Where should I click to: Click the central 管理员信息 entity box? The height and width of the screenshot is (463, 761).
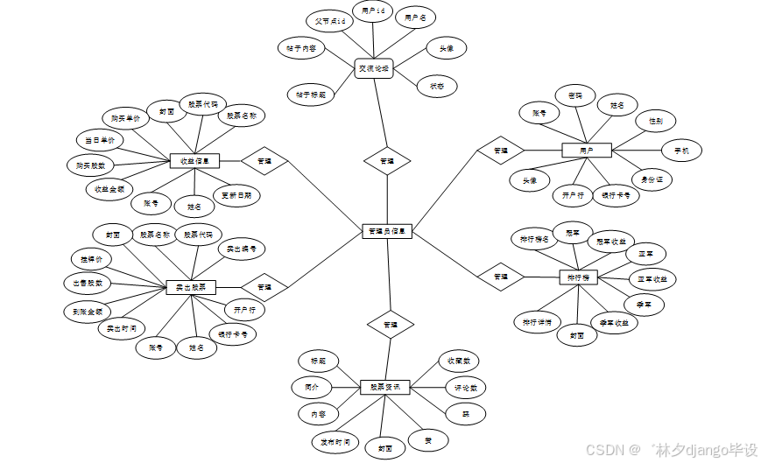click(x=386, y=232)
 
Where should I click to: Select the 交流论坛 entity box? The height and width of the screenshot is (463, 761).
click(x=374, y=68)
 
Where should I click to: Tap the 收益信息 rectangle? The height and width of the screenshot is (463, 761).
click(x=194, y=160)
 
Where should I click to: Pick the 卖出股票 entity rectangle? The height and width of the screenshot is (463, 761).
click(x=191, y=287)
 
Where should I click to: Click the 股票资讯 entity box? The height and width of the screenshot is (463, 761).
click(x=385, y=387)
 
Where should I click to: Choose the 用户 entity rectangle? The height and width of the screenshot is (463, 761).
click(x=586, y=151)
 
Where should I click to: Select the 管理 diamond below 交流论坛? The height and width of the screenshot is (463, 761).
click(x=387, y=161)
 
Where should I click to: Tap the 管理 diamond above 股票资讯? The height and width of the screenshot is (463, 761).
click(x=389, y=324)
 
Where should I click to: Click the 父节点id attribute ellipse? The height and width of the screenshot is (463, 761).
click(x=330, y=19)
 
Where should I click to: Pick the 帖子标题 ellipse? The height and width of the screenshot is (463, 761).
click(x=310, y=94)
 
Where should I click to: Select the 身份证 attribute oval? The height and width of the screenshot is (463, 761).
click(x=652, y=179)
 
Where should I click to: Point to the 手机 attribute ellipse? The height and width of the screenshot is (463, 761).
click(x=681, y=151)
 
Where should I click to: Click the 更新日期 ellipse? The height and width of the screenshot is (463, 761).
click(x=236, y=196)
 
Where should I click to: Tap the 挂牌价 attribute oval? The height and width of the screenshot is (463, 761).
click(x=93, y=260)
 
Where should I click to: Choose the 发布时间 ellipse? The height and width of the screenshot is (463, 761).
click(x=335, y=442)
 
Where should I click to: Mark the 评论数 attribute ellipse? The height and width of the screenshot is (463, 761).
click(x=464, y=387)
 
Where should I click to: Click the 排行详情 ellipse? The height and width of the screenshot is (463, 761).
click(x=535, y=321)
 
